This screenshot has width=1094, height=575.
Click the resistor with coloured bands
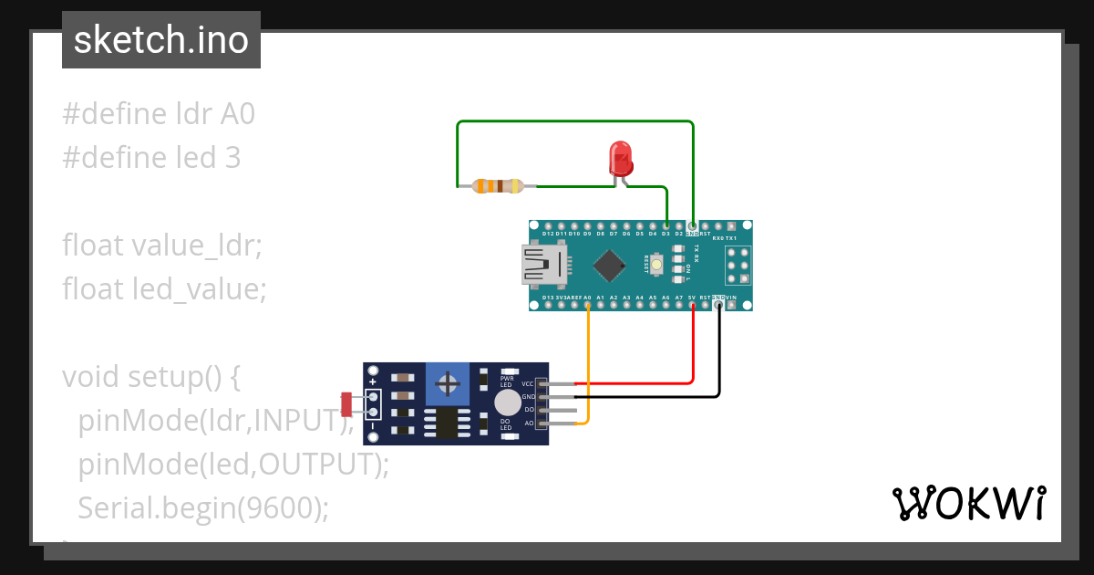tap(498, 186)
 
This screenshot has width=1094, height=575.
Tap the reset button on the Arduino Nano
tap(655, 265)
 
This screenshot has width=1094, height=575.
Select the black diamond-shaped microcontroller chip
tap(608, 265)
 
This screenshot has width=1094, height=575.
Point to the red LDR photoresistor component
tap(346, 402)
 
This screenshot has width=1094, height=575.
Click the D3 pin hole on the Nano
tap(666, 226)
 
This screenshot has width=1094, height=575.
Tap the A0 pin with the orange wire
tap(587, 305)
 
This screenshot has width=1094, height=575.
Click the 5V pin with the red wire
tap(693, 305)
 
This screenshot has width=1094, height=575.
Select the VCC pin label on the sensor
tap(528, 384)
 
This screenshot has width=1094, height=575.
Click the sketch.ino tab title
tap(161, 40)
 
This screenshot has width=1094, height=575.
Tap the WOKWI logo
tap(968, 504)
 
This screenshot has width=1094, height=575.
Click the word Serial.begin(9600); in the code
tap(202, 507)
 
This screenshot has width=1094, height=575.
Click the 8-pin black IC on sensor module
tap(447, 423)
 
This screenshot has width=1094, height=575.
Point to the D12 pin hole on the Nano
tap(547, 226)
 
